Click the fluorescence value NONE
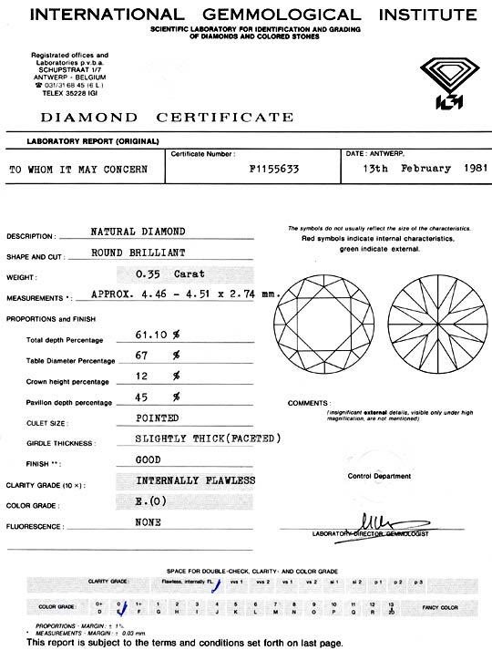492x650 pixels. pos(148,522)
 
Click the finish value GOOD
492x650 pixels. pos(148,460)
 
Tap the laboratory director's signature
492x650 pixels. pos(376,521)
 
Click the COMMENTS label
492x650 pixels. pos(307,402)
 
